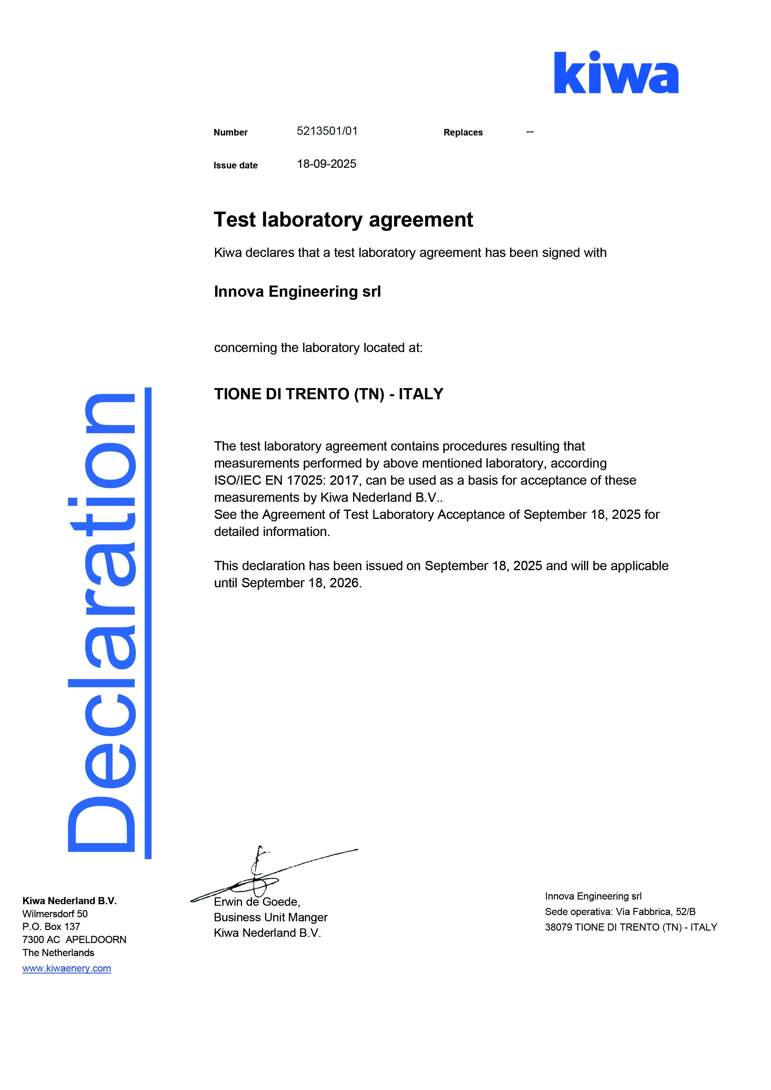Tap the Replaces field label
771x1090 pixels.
click(463, 132)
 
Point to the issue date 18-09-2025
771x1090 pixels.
click(326, 164)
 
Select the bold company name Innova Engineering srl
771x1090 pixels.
click(297, 291)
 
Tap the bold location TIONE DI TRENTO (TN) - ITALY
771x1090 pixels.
click(328, 394)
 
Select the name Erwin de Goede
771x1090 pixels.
click(256, 901)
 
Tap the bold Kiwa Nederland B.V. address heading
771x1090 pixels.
click(69, 900)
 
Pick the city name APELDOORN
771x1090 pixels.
click(96, 940)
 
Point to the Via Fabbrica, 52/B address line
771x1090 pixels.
click(655, 912)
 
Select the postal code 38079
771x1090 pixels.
click(558, 927)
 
